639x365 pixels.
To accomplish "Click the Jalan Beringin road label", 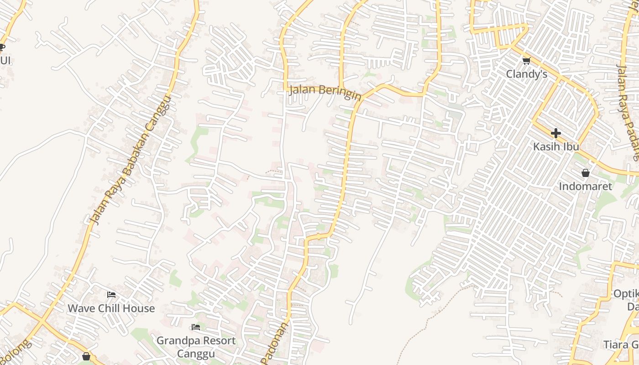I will pyautogui.click(x=325, y=91).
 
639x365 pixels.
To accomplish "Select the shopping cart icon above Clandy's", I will pyautogui.click(x=527, y=61).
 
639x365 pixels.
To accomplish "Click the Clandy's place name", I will pyautogui.click(x=527, y=73).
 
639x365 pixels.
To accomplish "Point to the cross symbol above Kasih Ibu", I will pyautogui.click(x=555, y=133).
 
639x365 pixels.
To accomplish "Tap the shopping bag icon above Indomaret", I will pyautogui.click(x=586, y=173).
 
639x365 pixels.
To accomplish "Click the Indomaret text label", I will pyautogui.click(x=585, y=186).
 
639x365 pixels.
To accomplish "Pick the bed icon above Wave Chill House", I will pyautogui.click(x=111, y=295).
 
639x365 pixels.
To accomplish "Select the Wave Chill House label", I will pyautogui.click(x=111, y=308).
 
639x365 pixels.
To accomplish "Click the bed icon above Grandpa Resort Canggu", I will pyautogui.click(x=196, y=327).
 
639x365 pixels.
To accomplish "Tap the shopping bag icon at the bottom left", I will pyautogui.click(x=86, y=356).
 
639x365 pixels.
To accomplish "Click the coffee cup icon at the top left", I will pyautogui.click(x=2, y=47).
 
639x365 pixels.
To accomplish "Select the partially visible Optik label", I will pyautogui.click(x=626, y=293).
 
